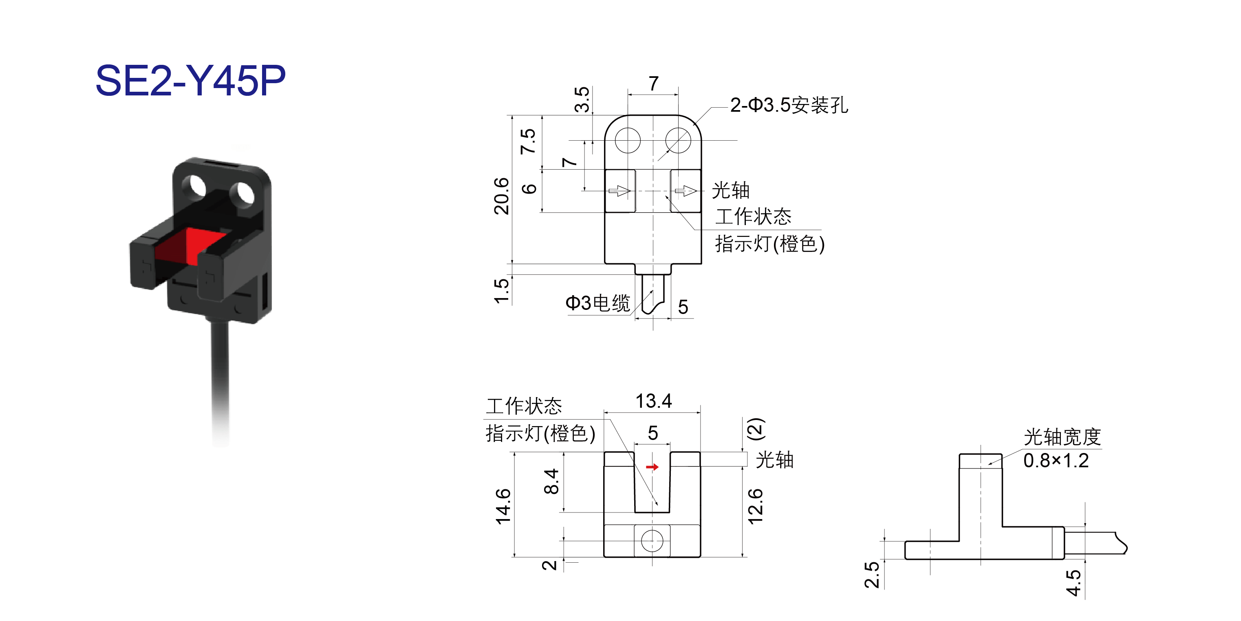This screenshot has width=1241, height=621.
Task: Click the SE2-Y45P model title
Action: (x=190, y=80)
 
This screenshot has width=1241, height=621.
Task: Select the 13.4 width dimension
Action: (x=653, y=401)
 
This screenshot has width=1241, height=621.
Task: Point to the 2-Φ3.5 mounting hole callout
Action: (x=789, y=105)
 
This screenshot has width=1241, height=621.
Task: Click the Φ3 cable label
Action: (x=597, y=303)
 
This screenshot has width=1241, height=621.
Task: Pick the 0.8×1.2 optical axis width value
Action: (x=1056, y=460)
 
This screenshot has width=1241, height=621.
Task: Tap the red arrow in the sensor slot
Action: (x=652, y=467)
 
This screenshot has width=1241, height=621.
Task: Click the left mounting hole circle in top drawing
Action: (x=628, y=140)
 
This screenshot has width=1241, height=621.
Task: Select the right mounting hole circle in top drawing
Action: (x=678, y=140)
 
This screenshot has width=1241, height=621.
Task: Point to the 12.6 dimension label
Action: (x=755, y=506)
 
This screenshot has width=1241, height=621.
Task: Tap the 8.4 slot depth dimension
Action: (x=551, y=481)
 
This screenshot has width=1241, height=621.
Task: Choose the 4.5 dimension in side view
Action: (x=1073, y=583)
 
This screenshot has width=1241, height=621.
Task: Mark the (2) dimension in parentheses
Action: (x=755, y=429)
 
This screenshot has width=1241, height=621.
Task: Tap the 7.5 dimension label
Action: (x=528, y=141)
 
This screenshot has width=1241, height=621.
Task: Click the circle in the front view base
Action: (x=652, y=541)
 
